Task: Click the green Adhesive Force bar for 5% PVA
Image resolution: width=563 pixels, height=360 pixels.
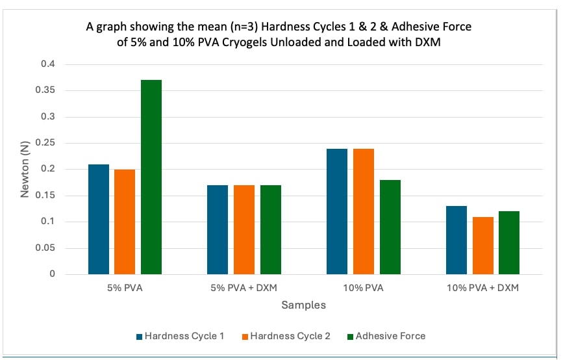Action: (x=151, y=177)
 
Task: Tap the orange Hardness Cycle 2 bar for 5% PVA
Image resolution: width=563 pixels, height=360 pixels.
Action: (x=125, y=222)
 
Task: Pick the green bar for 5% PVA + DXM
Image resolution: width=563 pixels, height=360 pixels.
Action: (x=270, y=229)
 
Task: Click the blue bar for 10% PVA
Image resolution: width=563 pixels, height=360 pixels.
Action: (x=337, y=211)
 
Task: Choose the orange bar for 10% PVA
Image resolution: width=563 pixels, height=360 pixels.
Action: (x=363, y=211)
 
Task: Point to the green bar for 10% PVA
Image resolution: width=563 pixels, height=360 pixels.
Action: (x=390, y=227)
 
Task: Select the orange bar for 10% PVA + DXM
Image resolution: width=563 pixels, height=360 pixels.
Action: (x=482, y=246)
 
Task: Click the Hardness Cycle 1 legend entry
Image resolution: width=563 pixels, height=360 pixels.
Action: (x=180, y=336)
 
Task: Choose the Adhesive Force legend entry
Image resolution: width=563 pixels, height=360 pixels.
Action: (x=389, y=336)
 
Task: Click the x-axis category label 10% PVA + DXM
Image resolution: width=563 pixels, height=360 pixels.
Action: (x=482, y=288)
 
